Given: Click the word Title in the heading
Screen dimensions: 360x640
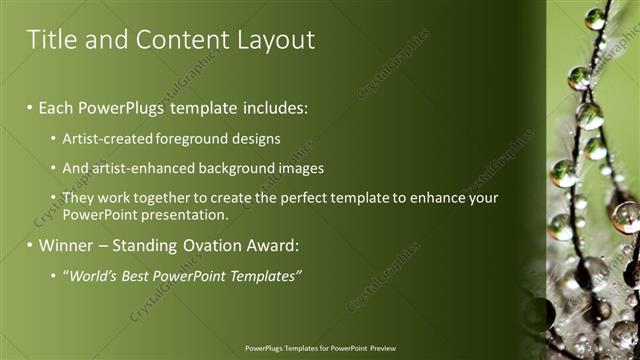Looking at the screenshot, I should [50, 40].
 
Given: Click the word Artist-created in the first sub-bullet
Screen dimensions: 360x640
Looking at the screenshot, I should [105, 139].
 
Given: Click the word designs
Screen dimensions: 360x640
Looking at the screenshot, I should [254, 139].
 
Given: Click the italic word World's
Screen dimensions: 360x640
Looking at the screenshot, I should [92, 275].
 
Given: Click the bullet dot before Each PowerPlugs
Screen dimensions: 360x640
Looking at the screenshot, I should [30, 105].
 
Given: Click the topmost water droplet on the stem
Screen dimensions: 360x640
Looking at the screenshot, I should [595, 18].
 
